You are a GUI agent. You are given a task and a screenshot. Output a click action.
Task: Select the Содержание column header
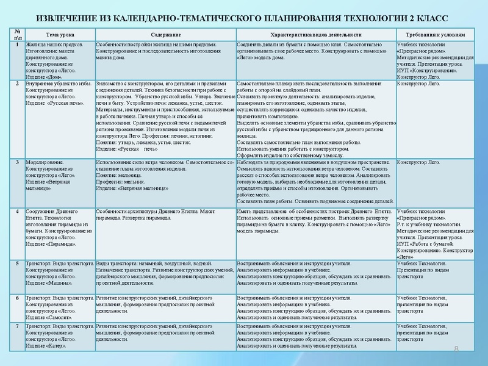(165, 35)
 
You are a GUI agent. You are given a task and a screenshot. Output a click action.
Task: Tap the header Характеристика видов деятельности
(315, 35)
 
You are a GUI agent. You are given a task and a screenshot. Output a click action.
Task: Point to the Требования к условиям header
(434, 35)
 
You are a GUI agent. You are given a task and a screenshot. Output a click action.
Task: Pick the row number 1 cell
(18, 46)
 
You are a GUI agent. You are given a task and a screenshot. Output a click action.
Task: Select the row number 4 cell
(18, 211)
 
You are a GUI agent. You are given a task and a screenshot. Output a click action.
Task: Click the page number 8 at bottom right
(472, 348)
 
